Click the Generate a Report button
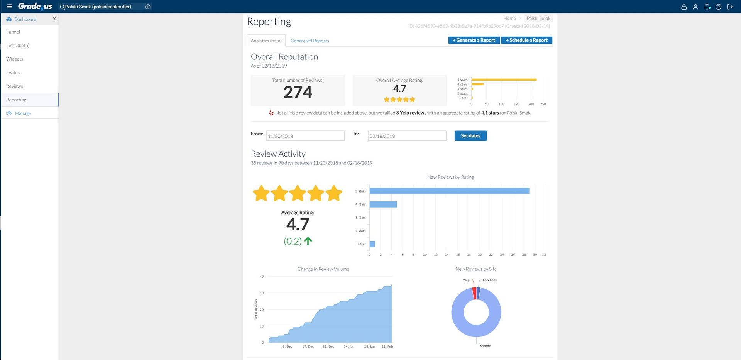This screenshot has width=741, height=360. [x=474, y=40]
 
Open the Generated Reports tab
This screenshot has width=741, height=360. [x=310, y=41]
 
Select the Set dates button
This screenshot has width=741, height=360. [x=470, y=136]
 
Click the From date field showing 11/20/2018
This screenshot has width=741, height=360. [x=305, y=136]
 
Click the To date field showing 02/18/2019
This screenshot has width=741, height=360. [x=407, y=136]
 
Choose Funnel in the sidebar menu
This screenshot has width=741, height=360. [x=13, y=32]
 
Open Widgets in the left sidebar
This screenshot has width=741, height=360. [x=15, y=59]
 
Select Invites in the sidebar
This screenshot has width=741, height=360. [x=13, y=73]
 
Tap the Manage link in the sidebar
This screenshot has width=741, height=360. [x=23, y=113]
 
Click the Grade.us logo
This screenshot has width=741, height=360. [x=35, y=6]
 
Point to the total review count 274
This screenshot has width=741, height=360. [x=298, y=93]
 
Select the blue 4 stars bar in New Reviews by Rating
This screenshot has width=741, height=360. [x=383, y=204]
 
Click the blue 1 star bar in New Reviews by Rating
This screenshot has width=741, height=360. [x=372, y=244]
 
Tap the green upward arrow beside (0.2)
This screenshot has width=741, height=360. [x=308, y=241]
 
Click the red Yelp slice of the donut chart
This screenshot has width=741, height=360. [x=474, y=293]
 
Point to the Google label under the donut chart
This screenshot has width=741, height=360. [x=485, y=346]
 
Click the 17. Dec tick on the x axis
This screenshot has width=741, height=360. [x=308, y=346]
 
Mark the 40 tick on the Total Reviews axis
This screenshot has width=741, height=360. [x=262, y=277]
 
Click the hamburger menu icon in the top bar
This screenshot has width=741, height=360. [x=9, y=7]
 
